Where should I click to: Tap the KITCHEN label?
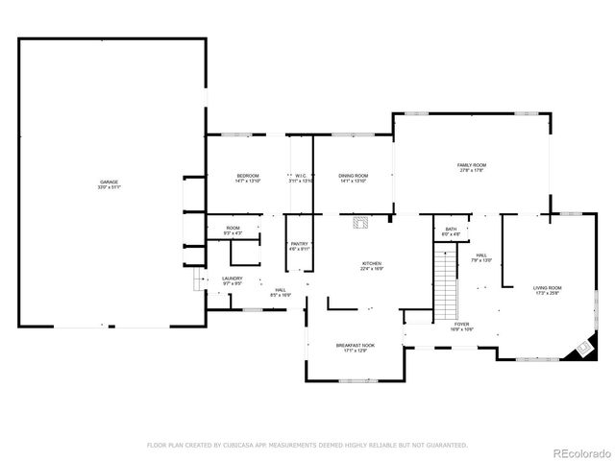point(372,265)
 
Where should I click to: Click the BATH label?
point(450,230)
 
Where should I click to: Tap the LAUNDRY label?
point(233,280)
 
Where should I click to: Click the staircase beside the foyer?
point(446,284)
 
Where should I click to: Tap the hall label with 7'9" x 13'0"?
point(481,257)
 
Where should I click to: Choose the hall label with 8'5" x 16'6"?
point(281,292)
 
